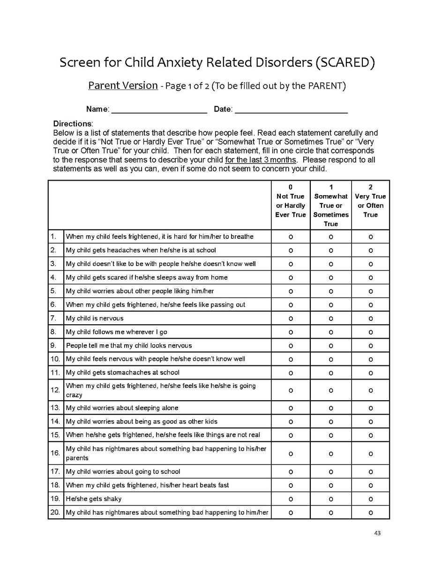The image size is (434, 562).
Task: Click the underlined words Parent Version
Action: point(123,85)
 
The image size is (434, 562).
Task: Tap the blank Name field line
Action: point(159,110)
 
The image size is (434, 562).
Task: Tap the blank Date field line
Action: point(291,110)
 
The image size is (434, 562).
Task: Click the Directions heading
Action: point(73,124)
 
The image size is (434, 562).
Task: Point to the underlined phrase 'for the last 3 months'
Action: point(261,160)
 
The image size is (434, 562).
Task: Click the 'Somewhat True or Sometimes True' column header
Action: point(331,205)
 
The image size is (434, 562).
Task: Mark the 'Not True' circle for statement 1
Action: point(291,237)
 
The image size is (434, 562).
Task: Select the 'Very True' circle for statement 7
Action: point(370,319)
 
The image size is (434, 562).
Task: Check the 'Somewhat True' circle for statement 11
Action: point(331,373)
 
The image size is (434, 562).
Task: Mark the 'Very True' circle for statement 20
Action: point(370,513)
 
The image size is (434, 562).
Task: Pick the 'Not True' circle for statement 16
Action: point(291,454)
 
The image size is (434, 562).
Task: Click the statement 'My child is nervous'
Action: point(95,319)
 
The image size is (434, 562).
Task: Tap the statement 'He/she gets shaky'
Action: point(94,499)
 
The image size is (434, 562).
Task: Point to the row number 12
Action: point(55,390)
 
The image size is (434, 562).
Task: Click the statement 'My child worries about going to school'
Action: point(123,472)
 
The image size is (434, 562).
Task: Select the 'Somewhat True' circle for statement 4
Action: point(331,278)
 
